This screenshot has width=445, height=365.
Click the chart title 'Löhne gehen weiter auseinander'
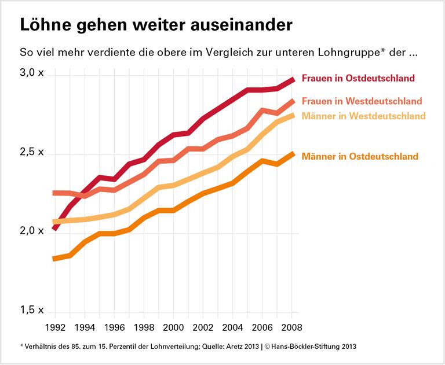click(x=156, y=26)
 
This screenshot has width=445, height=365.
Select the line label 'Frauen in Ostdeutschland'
click(x=358, y=78)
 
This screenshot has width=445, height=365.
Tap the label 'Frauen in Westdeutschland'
click(x=362, y=101)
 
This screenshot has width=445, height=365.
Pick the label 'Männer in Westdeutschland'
click(x=363, y=116)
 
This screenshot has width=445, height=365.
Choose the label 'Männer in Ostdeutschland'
click(x=360, y=156)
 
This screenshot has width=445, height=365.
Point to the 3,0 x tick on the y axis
click(x=32, y=73)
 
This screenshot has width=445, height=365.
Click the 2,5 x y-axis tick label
click(x=32, y=152)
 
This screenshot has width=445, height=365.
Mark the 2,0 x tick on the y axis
click(x=32, y=231)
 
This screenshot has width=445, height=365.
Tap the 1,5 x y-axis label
click(x=32, y=310)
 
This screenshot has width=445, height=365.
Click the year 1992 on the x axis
click(x=55, y=327)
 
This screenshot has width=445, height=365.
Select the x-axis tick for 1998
click(x=144, y=327)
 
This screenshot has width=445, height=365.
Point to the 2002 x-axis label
click(x=203, y=327)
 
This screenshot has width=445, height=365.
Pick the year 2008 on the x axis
click(x=291, y=327)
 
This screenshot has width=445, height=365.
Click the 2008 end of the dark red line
click(x=293, y=80)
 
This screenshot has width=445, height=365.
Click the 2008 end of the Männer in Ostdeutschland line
click(x=293, y=154)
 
